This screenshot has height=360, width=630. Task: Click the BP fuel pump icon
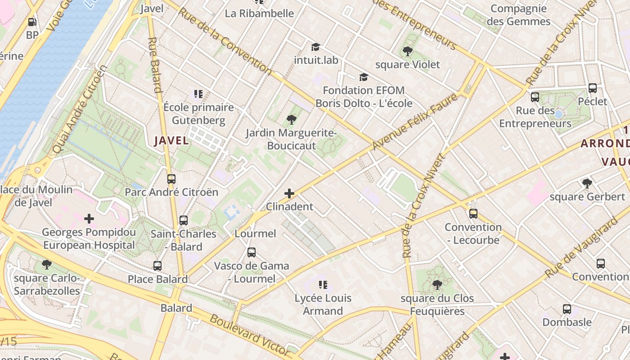point(32,22)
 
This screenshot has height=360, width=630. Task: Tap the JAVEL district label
point(171,141)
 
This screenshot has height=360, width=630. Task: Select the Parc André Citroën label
point(171,193)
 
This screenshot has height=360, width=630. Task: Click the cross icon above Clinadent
point(289,194)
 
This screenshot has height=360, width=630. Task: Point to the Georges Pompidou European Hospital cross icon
point(89,219)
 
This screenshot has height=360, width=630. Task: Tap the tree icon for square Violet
point(408,51)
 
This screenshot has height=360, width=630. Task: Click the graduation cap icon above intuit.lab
point(315,47)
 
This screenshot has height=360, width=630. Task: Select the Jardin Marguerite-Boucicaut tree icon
point(291,120)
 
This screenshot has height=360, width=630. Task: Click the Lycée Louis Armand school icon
point(323,284)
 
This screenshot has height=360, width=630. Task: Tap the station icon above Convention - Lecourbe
point(473,214)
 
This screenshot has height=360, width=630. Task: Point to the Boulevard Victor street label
point(250,335)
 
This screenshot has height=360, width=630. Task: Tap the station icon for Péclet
point(593,88)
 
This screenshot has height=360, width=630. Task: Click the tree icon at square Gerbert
point(587,183)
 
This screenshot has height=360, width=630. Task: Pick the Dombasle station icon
point(567,309)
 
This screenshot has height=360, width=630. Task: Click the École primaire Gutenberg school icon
point(198,94)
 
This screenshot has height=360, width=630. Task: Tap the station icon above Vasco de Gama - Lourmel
point(252,252)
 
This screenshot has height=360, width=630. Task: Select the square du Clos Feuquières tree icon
point(437,284)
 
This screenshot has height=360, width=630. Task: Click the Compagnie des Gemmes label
point(518,15)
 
